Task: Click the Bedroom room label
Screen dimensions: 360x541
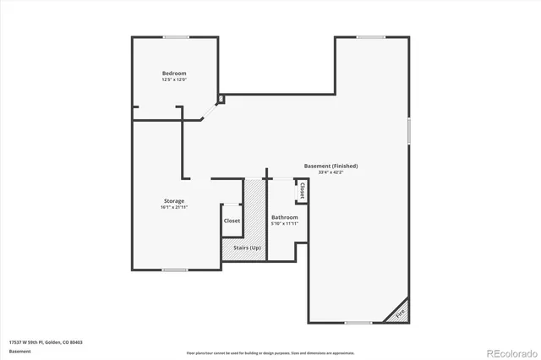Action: click(x=173, y=74)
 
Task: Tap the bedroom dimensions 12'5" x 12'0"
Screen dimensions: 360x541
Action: click(x=173, y=80)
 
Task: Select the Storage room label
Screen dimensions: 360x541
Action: click(x=173, y=200)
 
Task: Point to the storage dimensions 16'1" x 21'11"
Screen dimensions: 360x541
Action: click(x=173, y=207)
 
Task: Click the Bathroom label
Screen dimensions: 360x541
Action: click(x=284, y=216)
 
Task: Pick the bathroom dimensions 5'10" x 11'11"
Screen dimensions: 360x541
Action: click(x=284, y=223)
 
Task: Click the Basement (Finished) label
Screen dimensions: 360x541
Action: click(x=331, y=166)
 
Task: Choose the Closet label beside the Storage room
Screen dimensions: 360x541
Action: click(x=232, y=221)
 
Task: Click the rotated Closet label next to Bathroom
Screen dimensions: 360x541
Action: click(x=302, y=190)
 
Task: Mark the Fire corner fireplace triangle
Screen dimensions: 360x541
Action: click(x=399, y=313)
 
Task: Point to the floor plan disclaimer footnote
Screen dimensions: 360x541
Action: click(x=270, y=352)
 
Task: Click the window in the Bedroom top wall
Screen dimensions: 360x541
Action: click(x=176, y=36)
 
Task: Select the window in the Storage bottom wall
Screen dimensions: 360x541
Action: click(x=174, y=270)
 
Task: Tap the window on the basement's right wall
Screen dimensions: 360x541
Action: click(x=409, y=131)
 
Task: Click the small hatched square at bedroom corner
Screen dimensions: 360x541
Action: click(x=221, y=99)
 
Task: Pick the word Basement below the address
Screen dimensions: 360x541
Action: click(x=20, y=351)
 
